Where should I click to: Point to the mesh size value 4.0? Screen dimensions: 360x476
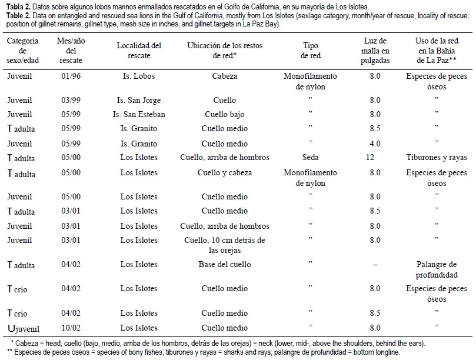pos(375,144)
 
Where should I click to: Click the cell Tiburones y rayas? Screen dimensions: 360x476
pos(437,157)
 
